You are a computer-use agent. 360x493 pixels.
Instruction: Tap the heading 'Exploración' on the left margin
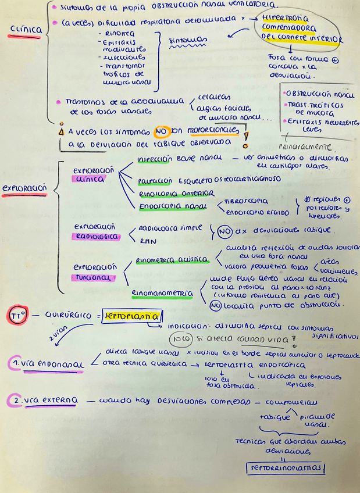point(24,190)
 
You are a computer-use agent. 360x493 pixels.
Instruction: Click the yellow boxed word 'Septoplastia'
point(133,315)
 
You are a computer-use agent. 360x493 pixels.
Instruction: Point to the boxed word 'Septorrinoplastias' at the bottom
point(286,469)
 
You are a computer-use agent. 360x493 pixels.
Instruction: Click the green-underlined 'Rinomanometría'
point(162,294)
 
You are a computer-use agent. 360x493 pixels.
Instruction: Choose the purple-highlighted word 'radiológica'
point(95,237)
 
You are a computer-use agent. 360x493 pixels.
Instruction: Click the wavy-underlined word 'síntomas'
point(187,41)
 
